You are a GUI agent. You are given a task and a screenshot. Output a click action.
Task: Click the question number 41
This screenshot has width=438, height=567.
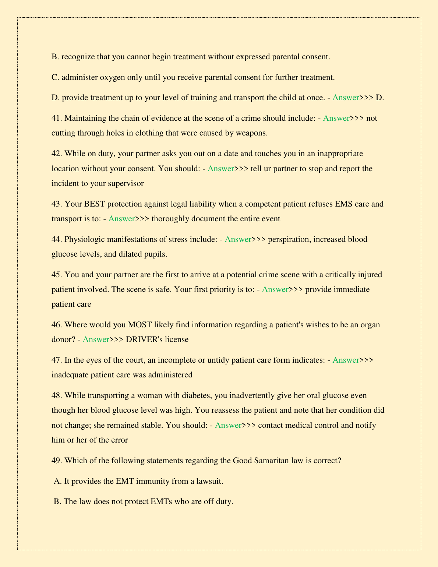(57, 118)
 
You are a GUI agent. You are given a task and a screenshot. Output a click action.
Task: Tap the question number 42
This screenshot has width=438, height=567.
(57, 154)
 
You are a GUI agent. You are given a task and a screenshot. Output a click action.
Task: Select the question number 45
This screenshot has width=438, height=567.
(57, 274)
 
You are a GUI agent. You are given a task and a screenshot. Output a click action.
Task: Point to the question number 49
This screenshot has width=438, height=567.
(57, 461)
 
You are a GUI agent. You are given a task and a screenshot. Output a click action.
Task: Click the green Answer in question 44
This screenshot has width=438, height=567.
(238, 239)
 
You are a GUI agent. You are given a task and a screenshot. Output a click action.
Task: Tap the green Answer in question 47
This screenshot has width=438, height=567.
(346, 360)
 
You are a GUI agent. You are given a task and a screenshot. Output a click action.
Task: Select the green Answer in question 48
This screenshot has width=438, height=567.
(228, 425)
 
